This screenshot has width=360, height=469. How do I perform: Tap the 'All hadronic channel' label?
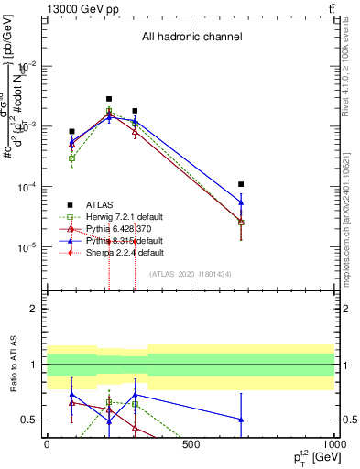(x=191, y=38)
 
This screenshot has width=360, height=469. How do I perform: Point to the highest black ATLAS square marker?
(x=109, y=99)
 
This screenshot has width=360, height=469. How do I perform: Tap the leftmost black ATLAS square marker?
(x=71, y=132)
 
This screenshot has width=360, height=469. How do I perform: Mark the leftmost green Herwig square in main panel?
(x=71, y=158)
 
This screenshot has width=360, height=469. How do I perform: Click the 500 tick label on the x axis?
(x=191, y=443)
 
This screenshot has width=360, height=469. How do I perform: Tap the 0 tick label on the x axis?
(x=47, y=443)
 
